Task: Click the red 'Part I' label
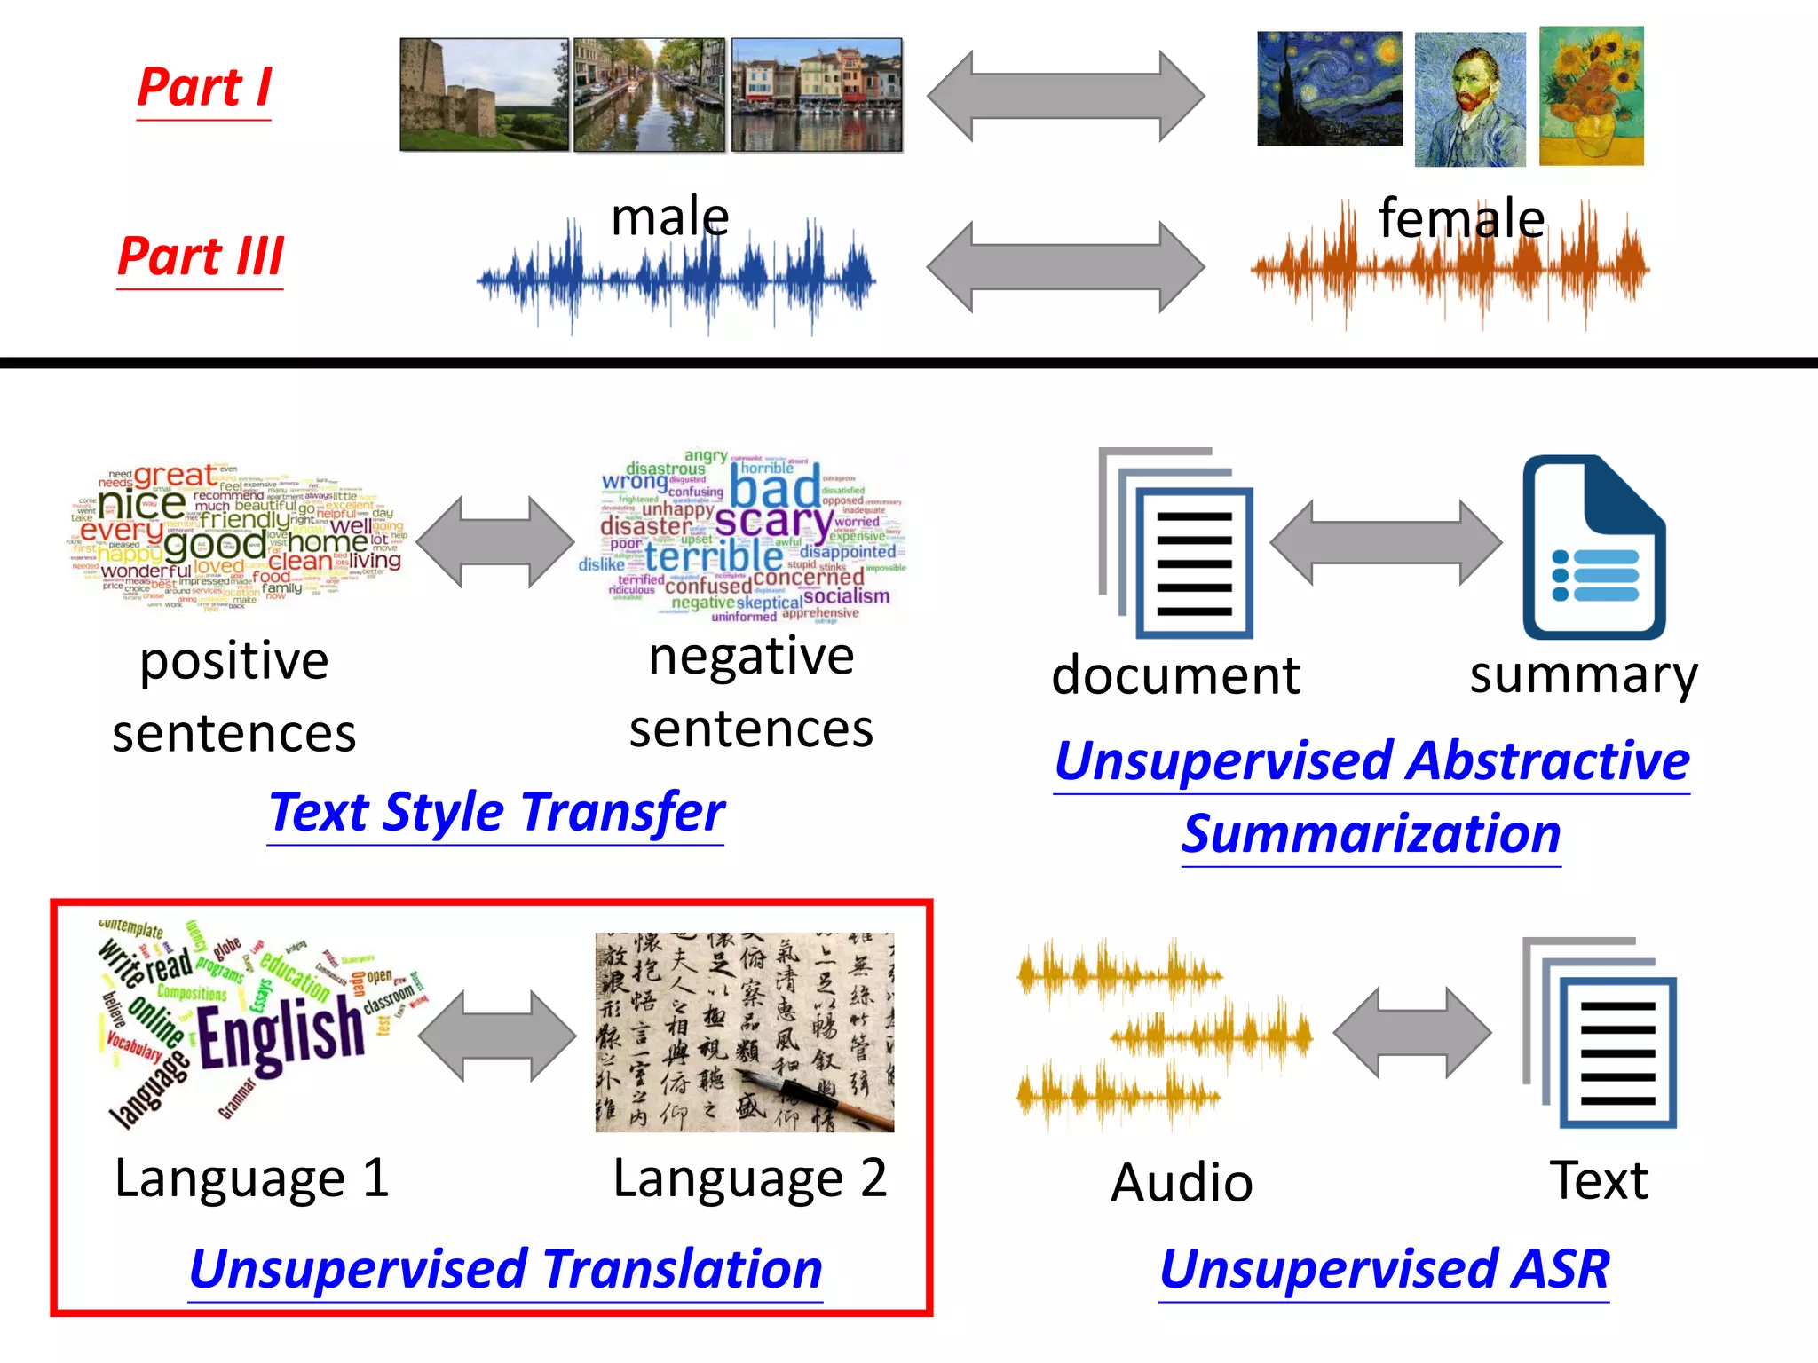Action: coord(204,88)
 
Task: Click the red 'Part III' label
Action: coord(201,256)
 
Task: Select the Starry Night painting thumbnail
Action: coord(1329,89)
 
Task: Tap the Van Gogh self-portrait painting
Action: coord(1469,99)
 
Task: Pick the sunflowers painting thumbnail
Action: coord(1591,96)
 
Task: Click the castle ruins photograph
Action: coord(484,94)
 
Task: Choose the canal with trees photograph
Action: coord(649,95)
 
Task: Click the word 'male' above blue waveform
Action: coord(670,217)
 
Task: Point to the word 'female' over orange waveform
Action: coord(1461,218)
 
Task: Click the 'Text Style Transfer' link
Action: coord(496,812)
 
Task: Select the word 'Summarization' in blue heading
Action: coord(1371,834)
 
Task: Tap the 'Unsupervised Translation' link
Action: coord(505,1269)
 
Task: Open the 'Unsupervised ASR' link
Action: coord(1384,1269)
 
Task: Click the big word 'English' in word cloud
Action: coord(281,1033)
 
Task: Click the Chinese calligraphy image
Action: coord(744,1032)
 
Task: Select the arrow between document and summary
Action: coord(1385,543)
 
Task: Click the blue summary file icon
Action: coord(1593,548)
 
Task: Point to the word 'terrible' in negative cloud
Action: coord(713,556)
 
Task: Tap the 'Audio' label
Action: coord(1182,1183)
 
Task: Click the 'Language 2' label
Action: coord(749,1178)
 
